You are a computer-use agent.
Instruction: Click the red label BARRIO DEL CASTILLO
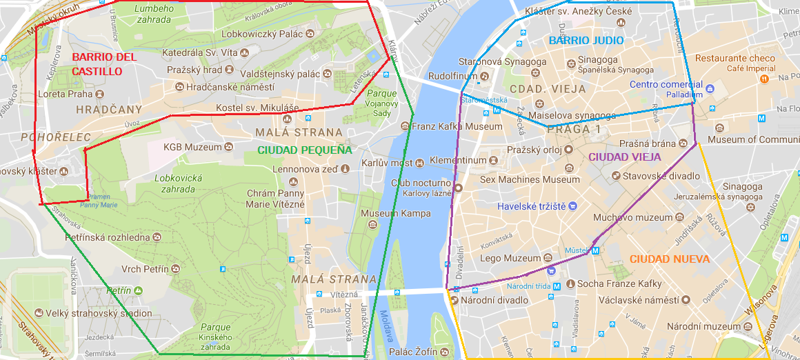pyautogui.click(x=104, y=64)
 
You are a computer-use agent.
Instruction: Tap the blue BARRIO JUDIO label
pyautogui.click(x=586, y=41)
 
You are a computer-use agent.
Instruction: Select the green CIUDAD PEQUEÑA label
pyautogui.click(x=304, y=150)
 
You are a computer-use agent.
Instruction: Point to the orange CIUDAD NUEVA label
pyautogui.click(x=670, y=259)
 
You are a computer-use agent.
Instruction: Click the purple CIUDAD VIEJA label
pyautogui.click(x=625, y=157)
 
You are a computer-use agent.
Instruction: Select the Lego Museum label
pyautogui.click(x=512, y=259)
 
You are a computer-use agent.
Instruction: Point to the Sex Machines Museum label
pyautogui.click(x=530, y=179)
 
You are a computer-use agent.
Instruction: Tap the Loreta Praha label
pyautogui.click(x=66, y=94)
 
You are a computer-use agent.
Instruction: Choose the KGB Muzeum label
pyautogui.click(x=193, y=147)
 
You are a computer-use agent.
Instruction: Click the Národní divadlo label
pyautogui.click(x=494, y=300)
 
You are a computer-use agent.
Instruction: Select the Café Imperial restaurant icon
pyautogui.click(x=764, y=79)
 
